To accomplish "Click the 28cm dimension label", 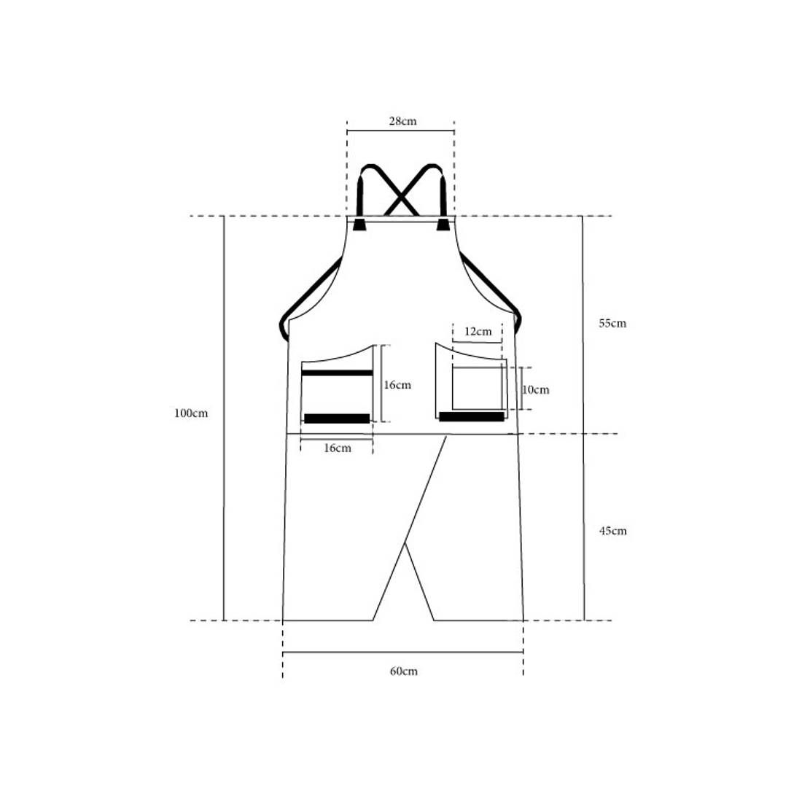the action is [x=402, y=121].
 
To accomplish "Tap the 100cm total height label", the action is [x=191, y=413].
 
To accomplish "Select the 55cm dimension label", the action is [x=612, y=323].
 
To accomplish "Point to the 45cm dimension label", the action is [x=612, y=531].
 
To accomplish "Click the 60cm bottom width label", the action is [x=404, y=671].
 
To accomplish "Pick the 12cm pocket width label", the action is [x=478, y=332].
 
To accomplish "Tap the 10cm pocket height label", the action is [x=536, y=390].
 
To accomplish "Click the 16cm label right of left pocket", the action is [x=397, y=385].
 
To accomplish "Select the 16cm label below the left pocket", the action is [x=338, y=448].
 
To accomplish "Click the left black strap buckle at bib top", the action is [x=359, y=224].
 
